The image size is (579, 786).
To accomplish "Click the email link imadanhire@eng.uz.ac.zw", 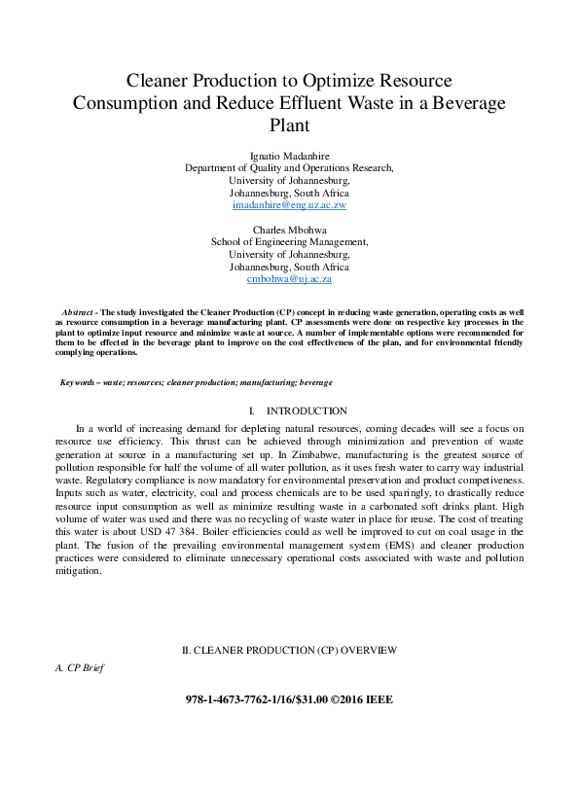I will coord(289,206).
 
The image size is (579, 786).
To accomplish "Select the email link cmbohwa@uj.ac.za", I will coord(289,279).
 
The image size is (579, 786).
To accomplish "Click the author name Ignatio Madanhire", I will coord(289,155).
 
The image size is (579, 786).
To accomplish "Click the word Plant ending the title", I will coord(289,125).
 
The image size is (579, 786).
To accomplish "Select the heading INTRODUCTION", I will coord(307,411).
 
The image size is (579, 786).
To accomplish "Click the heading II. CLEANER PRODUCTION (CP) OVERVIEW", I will coord(289,649).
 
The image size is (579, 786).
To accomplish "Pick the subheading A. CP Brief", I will coord(79,668).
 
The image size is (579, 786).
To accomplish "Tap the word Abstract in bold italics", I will coord(82,309).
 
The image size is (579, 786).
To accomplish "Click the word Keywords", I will coord(84,383).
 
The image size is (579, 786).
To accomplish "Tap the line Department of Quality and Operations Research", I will coord(289,167).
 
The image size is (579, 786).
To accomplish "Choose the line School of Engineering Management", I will coord(289,241).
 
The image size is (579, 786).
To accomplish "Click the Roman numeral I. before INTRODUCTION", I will coord(252,411).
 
